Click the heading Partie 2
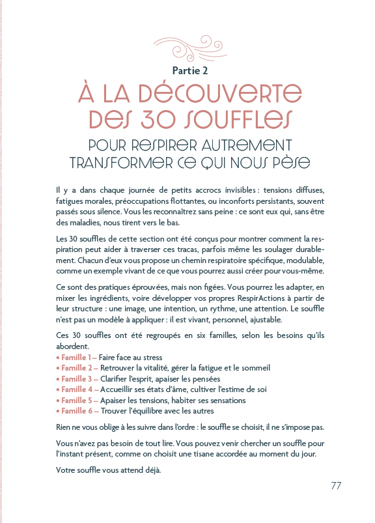(x=187, y=70)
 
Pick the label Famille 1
(x=77, y=358)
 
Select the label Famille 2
(x=77, y=368)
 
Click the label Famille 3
(x=77, y=378)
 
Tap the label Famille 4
(x=77, y=389)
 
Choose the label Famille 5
(x=77, y=400)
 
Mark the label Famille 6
(x=77, y=410)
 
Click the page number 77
(x=336, y=485)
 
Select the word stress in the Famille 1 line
(x=150, y=358)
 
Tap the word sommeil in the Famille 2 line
(x=255, y=368)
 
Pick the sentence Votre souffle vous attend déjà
(x=108, y=470)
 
